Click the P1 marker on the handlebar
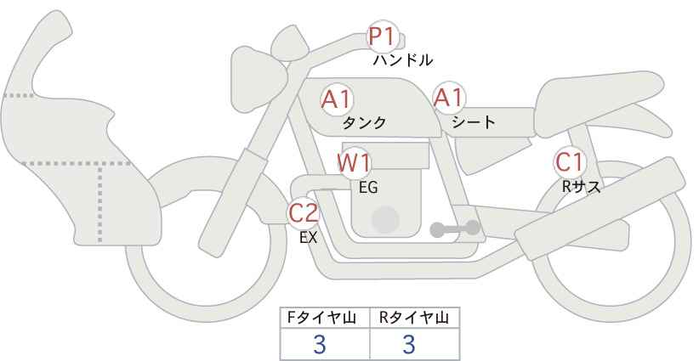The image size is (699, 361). [x=382, y=37]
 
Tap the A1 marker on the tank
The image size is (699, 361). [x=337, y=99]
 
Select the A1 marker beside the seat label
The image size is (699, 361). [x=449, y=98]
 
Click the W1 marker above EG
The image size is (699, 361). [x=354, y=163]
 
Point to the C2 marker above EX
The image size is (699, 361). [x=303, y=212]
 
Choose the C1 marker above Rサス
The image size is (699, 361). [x=569, y=162]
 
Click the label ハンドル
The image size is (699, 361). [x=403, y=60]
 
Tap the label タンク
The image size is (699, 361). [x=364, y=122]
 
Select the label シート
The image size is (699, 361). [x=474, y=121]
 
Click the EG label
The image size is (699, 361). [x=368, y=188]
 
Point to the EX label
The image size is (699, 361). [x=308, y=238]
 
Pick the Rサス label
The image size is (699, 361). [x=581, y=187]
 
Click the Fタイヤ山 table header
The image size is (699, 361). [x=321, y=318]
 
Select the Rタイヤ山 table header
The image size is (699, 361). [x=414, y=318]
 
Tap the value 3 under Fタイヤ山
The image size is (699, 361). [x=320, y=344]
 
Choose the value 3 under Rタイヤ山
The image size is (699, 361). [x=409, y=344]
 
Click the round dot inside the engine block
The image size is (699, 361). [x=385, y=220]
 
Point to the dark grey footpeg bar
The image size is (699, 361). [x=455, y=228]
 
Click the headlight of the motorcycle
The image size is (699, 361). [x=258, y=79]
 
